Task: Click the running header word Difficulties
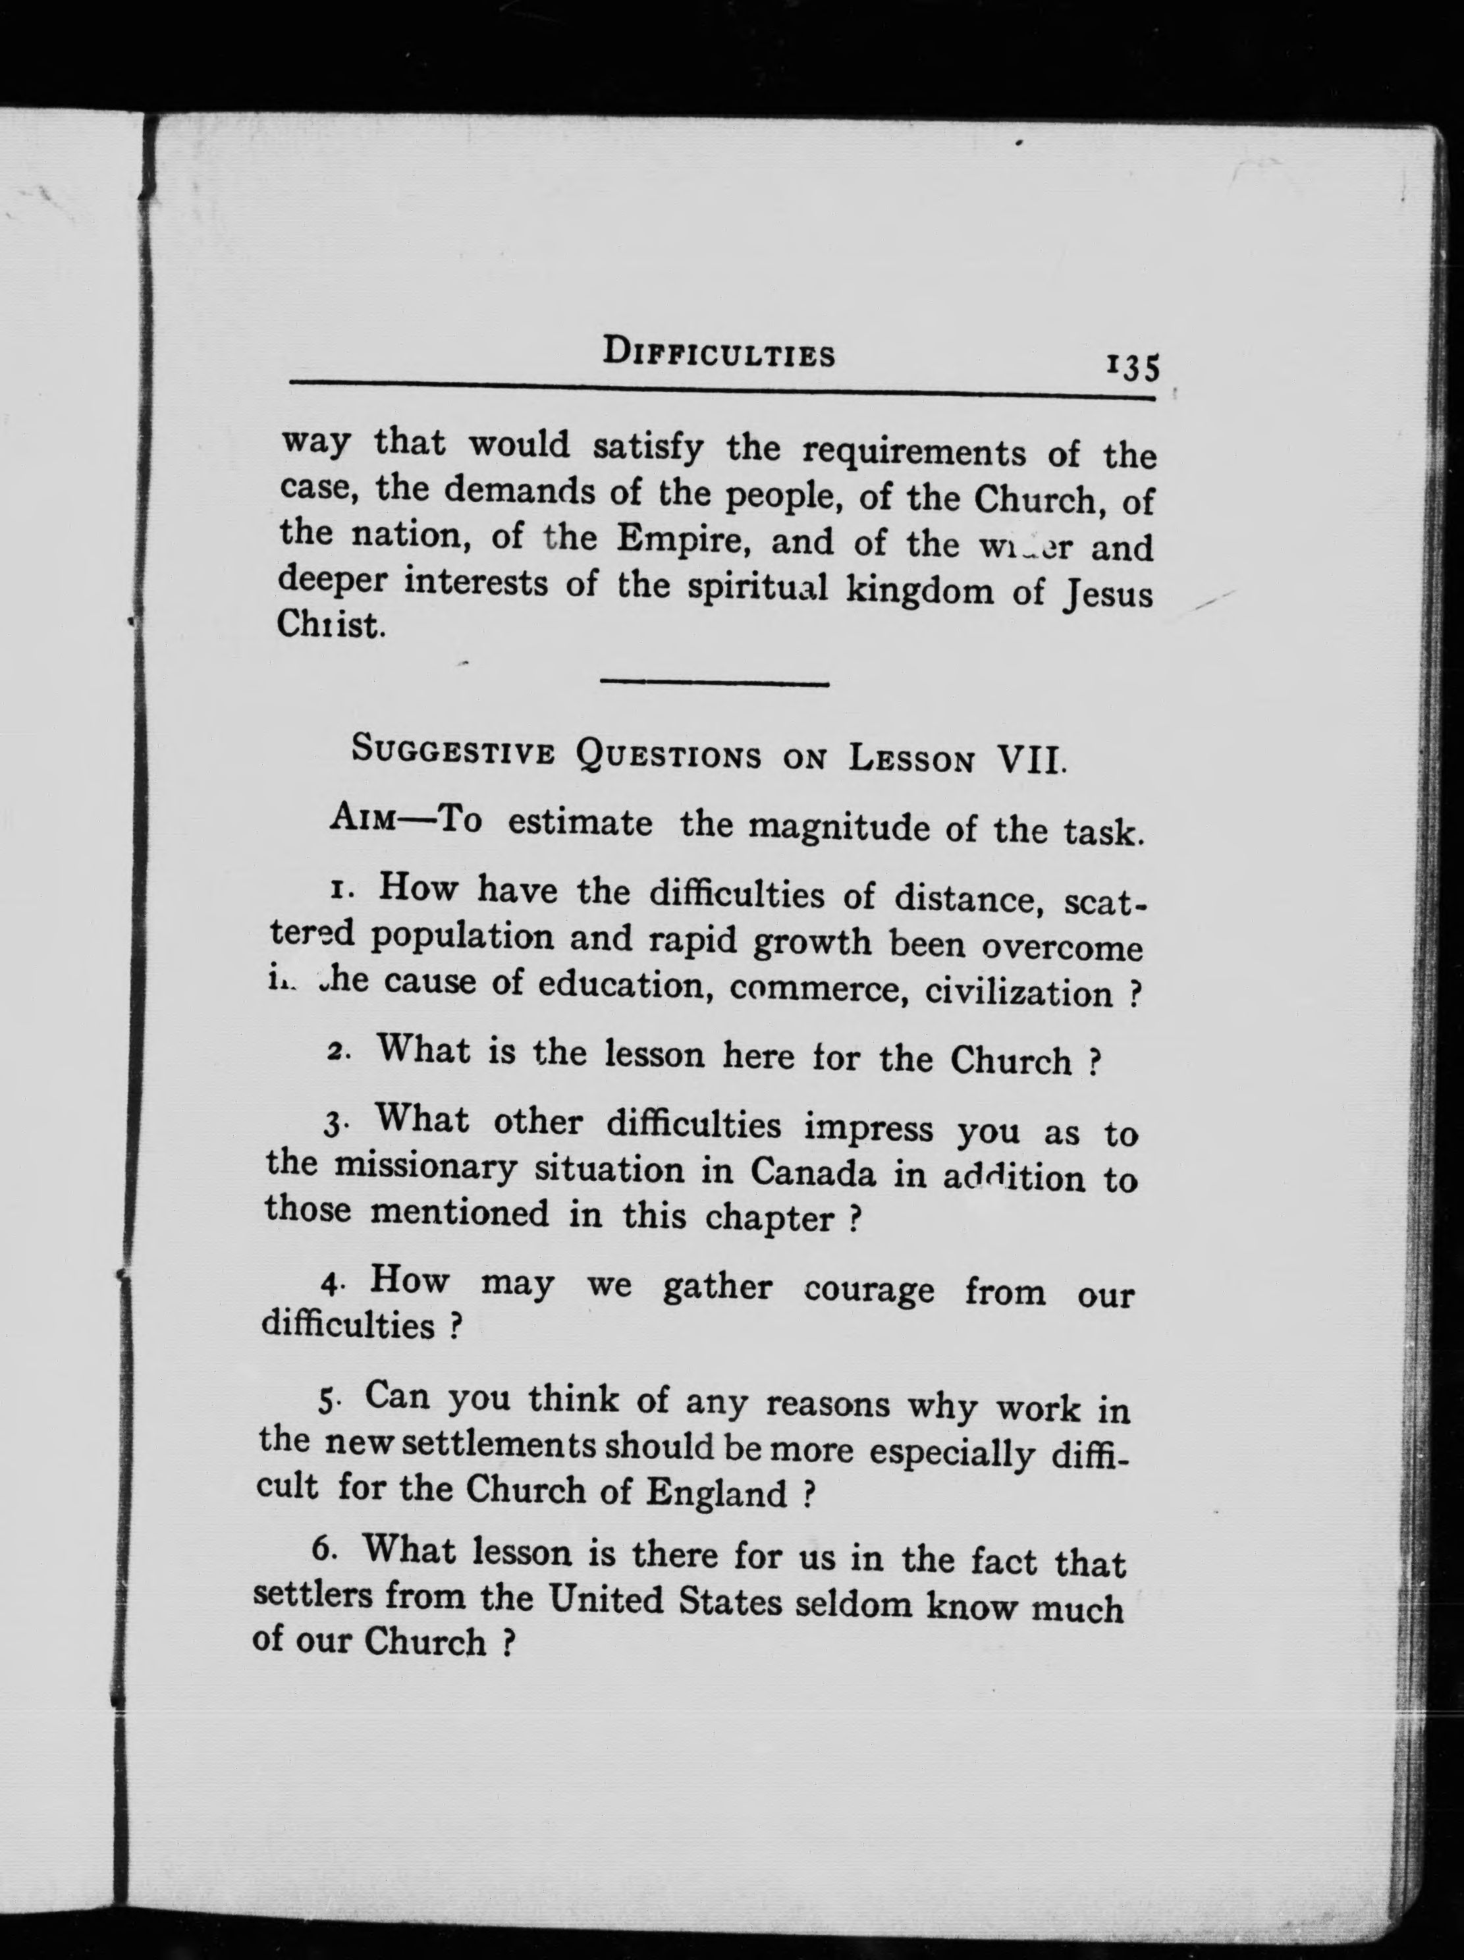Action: click(x=718, y=354)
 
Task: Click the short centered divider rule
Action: click(x=715, y=683)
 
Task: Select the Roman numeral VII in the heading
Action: click(x=1031, y=760)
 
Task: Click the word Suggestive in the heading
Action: click(x=453, y=751)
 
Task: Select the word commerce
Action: click(x=815, y=991)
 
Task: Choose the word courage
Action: click(x=869, y=1290)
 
